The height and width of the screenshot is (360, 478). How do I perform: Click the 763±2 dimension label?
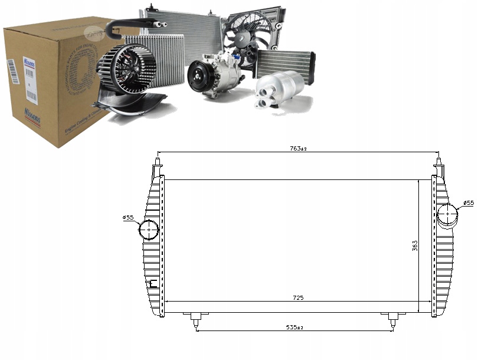[x=299, y=148]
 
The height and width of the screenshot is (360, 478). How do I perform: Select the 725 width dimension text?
[x=298, y=298]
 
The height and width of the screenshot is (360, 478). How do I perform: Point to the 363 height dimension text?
[x=415, y=245]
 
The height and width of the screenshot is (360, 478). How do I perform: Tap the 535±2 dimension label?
[x=296, y=326]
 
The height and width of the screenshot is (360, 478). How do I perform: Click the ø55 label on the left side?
[x=129, y=218]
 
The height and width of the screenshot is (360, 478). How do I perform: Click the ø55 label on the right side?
[x=468, y=203]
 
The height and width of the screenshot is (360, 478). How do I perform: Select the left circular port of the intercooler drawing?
[x=149, y=230]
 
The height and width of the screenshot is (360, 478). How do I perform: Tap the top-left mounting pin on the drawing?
[x=158, y=161]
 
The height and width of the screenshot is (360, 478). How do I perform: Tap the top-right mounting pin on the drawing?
[x=438, y=161]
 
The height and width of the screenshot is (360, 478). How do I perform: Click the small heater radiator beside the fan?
[x=284, y=63]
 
